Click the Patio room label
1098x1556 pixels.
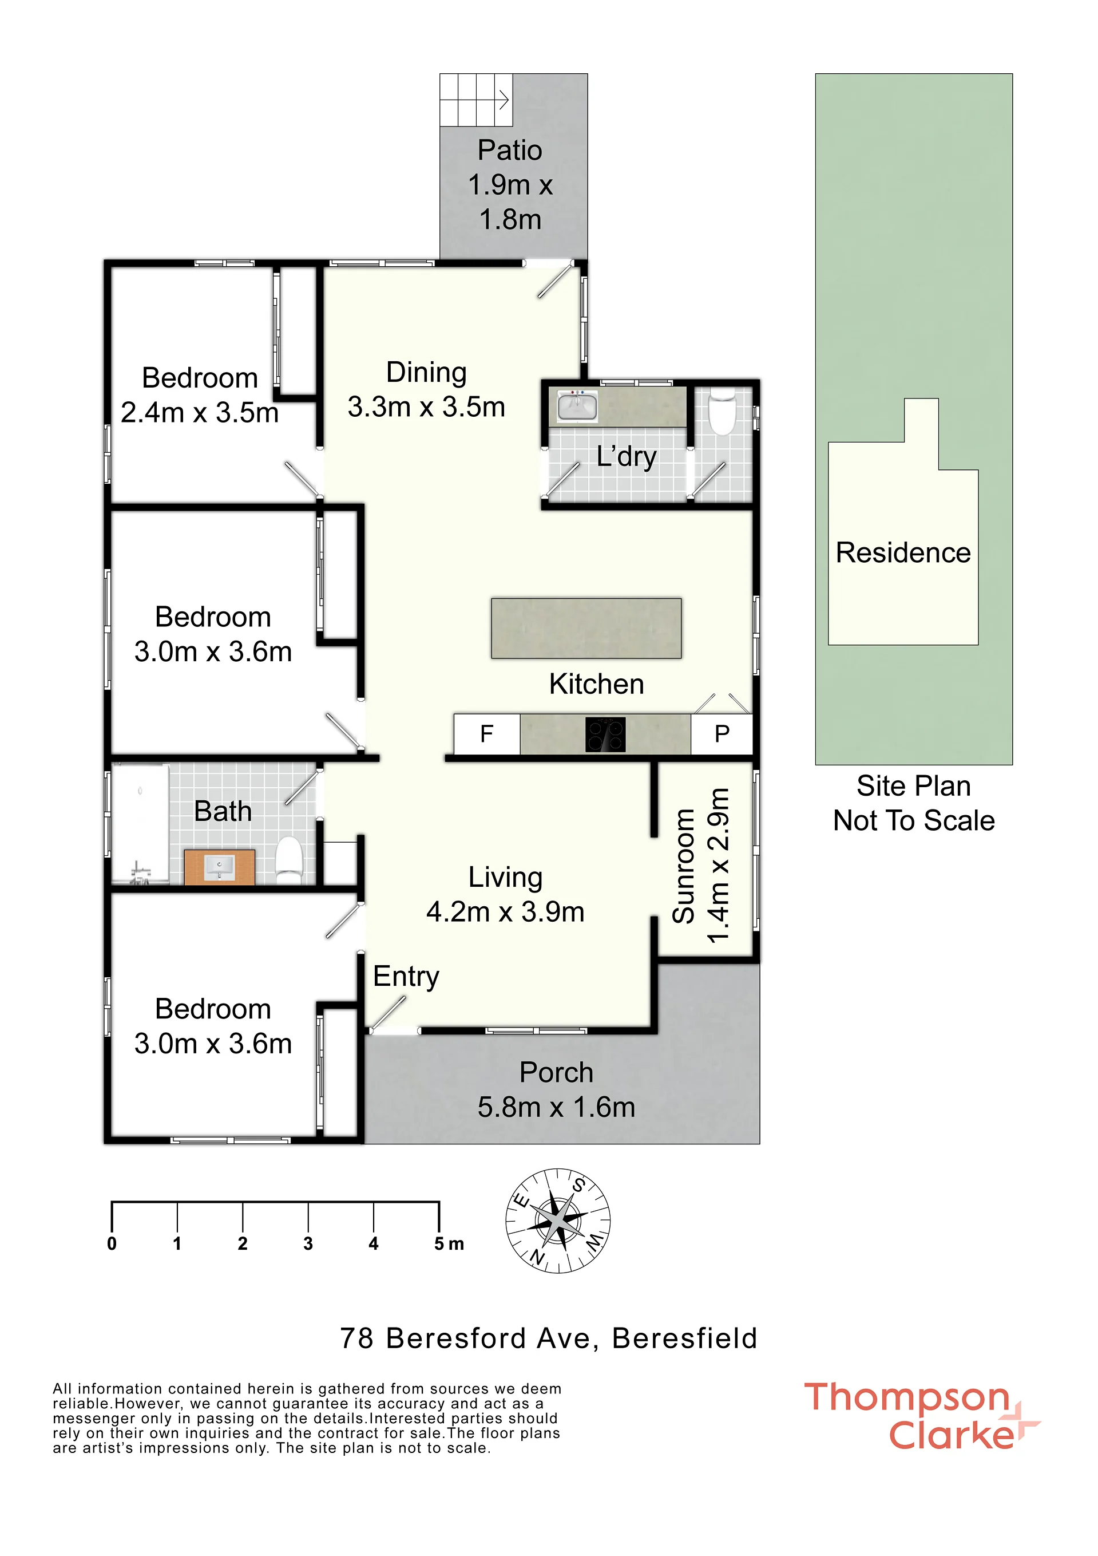click(x=510, y=184)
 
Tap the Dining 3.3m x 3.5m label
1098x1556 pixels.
click(x=426, y=390)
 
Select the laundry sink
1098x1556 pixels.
click(x=577, y=406)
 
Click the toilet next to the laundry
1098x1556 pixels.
click(x=722, y=410)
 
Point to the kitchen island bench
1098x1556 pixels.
click(x=586, y=627)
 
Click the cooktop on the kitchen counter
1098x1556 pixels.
click(x=605, y=734)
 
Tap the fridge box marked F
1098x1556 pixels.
click(x=486, y=733)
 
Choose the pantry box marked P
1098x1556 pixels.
click(x=722, y=733)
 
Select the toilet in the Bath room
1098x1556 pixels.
click(x=288, y=860)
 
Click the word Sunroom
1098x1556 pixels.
click(x=683, y=866)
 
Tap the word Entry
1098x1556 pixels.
click(x=406, y=977)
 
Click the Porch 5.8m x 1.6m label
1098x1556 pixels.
click(x=556, y=1090)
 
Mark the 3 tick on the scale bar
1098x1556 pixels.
click(x=308, y=1218)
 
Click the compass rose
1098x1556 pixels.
click(x=558, y=1221)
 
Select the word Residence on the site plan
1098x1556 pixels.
click(x=903, y=552)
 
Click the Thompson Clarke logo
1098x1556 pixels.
click(x=921, y=1416)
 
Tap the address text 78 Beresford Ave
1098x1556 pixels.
click(x=469, y=1338)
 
